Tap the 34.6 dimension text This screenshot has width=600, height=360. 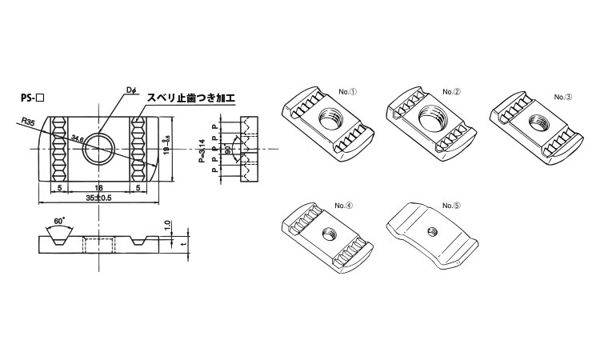(x=78, y=139)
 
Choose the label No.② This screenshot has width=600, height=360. (x=453, y=91)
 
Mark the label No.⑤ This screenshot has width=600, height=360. (x=453, y=205)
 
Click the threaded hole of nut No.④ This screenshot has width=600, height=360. (x=328, y=234)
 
